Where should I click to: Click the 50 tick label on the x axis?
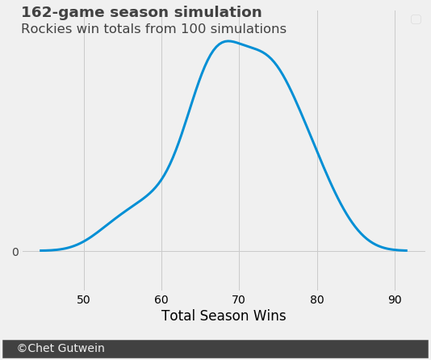83,299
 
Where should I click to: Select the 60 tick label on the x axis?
161,299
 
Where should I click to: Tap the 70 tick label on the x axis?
238,299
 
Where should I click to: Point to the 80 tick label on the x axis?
317,299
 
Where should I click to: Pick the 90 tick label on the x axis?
395,299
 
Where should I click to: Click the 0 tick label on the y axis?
15,252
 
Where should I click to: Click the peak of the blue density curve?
228,41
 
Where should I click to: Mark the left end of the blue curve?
40,250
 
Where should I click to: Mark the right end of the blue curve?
407,250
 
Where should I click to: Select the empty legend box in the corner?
416,19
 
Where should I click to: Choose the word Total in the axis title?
179,316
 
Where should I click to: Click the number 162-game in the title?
63,13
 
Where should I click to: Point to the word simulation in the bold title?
218,12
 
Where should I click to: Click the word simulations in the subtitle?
249,29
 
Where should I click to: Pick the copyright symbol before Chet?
22,348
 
